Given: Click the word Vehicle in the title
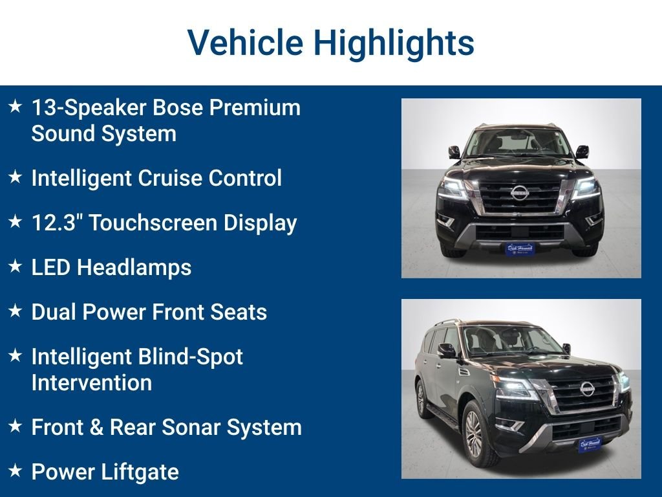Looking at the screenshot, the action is pyautogui.click(x=245, y=42).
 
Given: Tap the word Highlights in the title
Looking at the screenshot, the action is pyautogui.click(x=394, y=43).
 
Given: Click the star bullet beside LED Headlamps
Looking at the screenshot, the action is pyautogui.click(x=16, y=266).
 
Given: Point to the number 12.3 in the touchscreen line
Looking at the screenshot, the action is pyautogui.click(x=56, y=223).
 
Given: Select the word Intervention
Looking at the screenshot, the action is pyautogui.click(x=92, y=383).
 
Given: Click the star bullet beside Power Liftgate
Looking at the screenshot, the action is pyautogui.click(x=16, y=470).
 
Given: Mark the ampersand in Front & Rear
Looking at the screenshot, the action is pyautogui.click(x=96, y=427).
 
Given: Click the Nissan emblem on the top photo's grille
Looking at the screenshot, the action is pyautogui.click(x=520, y=193).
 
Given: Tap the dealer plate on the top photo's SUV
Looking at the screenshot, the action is pyautogui.click(x=520, y=248).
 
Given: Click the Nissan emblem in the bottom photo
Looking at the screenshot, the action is pyautogui.click(x=587, y=388).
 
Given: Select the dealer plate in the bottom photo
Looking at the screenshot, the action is pyautogui.click(x=590, y=444).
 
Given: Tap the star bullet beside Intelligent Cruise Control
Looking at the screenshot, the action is pyautogui.click(x=16, y=177).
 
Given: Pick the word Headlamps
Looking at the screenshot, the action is pyautogui.click(x=134, y=268).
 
